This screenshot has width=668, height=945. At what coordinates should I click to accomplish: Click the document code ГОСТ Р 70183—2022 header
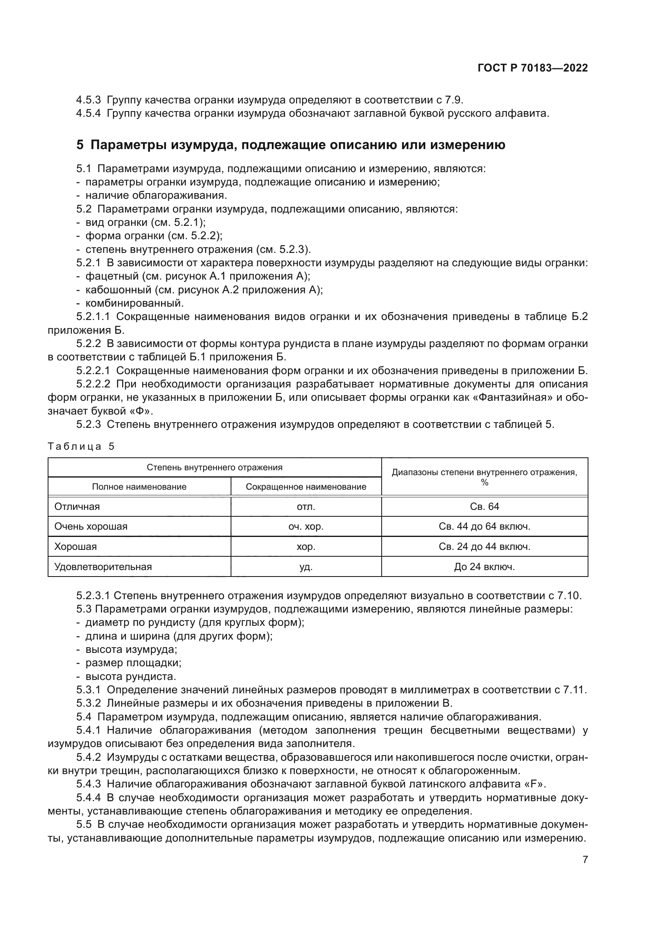click(533, 68)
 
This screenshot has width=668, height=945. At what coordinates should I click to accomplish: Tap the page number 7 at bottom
click(585, 859)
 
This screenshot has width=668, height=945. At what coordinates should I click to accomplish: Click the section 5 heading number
click(80, 145)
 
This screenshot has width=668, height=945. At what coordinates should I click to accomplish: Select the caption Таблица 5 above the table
click(81, 446)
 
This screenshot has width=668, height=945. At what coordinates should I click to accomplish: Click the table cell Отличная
click(77, 507)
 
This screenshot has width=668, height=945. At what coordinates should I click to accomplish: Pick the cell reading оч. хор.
click(306, 526)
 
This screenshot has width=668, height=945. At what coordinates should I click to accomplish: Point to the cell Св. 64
click(484, 507)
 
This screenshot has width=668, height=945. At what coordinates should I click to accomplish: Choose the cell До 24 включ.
click(484, 567)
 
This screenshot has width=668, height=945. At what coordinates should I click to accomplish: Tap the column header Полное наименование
click(139, 487)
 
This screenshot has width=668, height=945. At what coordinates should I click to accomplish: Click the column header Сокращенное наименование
click(306, 487)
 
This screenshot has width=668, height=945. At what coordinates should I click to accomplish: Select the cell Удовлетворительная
click(103, 567)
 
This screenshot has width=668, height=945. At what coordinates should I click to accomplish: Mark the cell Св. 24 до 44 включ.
click(484, 547)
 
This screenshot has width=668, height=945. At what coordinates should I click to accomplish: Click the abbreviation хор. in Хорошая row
click(306, 547)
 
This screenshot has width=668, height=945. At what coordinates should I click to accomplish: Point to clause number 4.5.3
click(88, 100)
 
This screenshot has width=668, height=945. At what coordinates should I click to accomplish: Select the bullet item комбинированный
click(134, 303)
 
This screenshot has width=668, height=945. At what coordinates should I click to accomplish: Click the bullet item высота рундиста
click(130, 676)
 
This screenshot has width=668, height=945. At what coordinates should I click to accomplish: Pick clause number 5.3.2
click(88, 703)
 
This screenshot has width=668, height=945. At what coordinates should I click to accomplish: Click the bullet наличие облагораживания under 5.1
click(156, 195)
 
